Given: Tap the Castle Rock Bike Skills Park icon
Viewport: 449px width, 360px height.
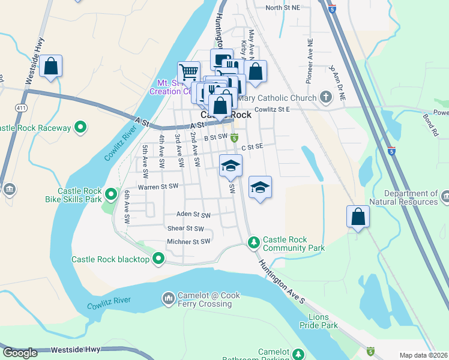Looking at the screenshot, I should (111, 194).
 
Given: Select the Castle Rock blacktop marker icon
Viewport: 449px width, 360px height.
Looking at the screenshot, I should (158, 259).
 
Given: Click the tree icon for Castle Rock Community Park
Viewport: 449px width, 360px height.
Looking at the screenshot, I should (254, 242).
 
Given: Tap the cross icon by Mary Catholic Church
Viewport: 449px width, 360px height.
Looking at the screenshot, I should (325, 97).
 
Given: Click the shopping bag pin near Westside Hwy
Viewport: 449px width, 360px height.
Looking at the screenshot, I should (51, 67).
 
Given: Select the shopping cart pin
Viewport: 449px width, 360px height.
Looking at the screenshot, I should (188, 72).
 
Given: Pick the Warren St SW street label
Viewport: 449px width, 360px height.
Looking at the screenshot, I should (159, 187).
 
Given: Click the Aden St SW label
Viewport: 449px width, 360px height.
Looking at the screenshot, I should (193, 214).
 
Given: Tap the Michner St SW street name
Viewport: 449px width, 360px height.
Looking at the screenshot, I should (188, 241).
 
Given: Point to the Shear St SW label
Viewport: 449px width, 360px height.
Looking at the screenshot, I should (185, 228).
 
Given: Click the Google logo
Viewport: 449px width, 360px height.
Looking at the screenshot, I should (20, 353).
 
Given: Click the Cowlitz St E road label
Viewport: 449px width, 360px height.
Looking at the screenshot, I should (272, 109).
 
